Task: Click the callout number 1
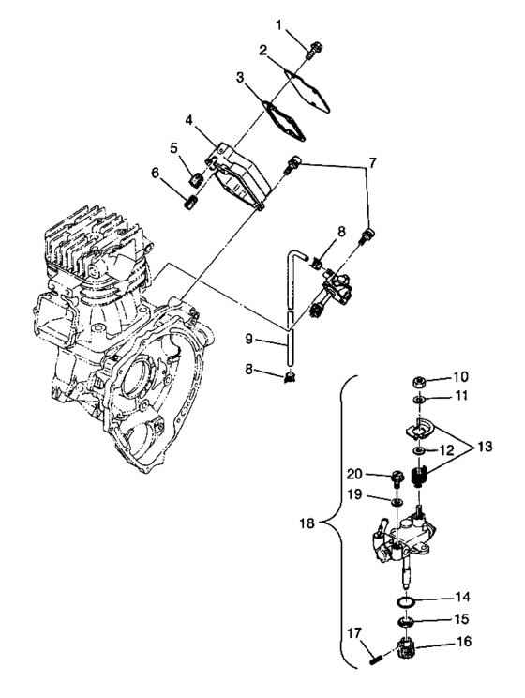point(278,23)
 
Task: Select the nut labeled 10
point(421,380)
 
